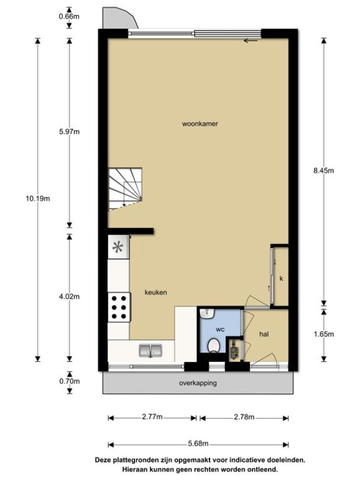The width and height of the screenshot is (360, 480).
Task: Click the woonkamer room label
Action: pos(200,124)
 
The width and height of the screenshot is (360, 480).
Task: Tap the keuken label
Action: pos(156,292)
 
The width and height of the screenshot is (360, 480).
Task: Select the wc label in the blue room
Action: pos(220,329)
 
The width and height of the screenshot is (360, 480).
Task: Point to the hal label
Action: pos(264,334)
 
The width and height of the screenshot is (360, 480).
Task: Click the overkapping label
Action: pos(198,383)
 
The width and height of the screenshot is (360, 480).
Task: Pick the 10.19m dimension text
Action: pos(38,199)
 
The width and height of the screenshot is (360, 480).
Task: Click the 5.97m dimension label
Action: pos(70,131)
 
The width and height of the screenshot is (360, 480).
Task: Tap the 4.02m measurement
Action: pos(70,296)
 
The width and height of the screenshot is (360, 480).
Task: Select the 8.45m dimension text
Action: pos(323,170)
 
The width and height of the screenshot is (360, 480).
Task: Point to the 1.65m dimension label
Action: pos(323,334)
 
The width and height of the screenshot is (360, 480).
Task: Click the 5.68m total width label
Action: pos(198,443)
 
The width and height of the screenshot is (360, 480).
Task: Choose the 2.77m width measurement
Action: pos(152,416)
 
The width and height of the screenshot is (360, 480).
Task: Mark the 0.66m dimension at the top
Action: pos(69,16)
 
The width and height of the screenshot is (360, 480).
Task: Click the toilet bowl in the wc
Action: pos(214,346)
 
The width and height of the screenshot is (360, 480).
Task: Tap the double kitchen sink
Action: pos(151,350)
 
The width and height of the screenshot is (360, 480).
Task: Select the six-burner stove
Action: pos(119,307)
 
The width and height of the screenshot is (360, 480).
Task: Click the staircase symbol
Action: pos(125,189)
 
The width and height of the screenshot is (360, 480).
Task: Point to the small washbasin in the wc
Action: pos(207,313)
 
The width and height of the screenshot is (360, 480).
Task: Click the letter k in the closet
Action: pos(281,278)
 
